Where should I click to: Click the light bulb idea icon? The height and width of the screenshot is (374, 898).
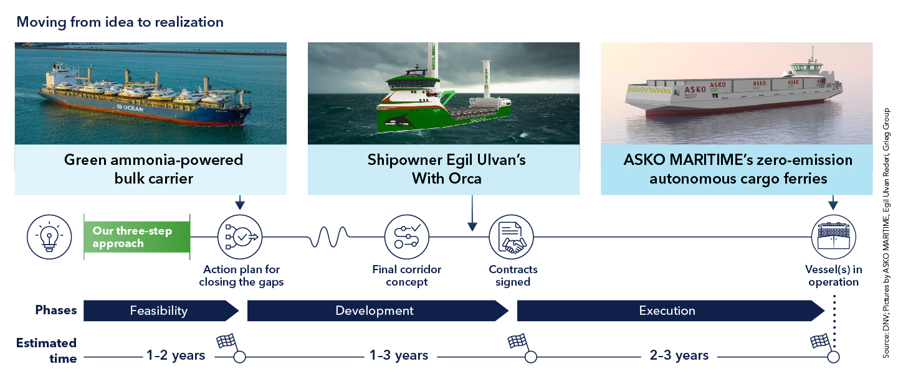coord(49,237)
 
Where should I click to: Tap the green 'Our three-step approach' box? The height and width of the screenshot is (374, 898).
coord(136,237)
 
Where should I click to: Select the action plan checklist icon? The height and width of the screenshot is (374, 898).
coord(240,237)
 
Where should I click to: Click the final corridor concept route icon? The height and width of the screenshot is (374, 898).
coord(406,237)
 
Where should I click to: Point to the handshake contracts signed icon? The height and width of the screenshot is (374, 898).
coord(511,237)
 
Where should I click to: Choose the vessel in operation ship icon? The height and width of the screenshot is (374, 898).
coord(833,237)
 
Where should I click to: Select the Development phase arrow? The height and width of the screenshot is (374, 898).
coord(378,311)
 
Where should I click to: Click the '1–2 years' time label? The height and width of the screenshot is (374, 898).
coord(176,355)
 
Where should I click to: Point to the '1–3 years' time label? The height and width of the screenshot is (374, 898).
coord(399,355)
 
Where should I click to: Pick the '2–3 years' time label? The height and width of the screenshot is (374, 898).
coord(679,355)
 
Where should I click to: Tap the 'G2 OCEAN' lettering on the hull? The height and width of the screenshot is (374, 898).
coord(130,108)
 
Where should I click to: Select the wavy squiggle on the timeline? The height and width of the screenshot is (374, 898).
coord(329,236)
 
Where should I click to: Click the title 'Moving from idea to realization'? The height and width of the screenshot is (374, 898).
coord(120,22)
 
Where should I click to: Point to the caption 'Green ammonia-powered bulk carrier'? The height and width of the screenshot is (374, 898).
coord(153,169)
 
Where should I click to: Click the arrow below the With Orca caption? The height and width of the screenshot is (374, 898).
coord(472,213)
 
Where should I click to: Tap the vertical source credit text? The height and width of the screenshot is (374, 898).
coord(886,233)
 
